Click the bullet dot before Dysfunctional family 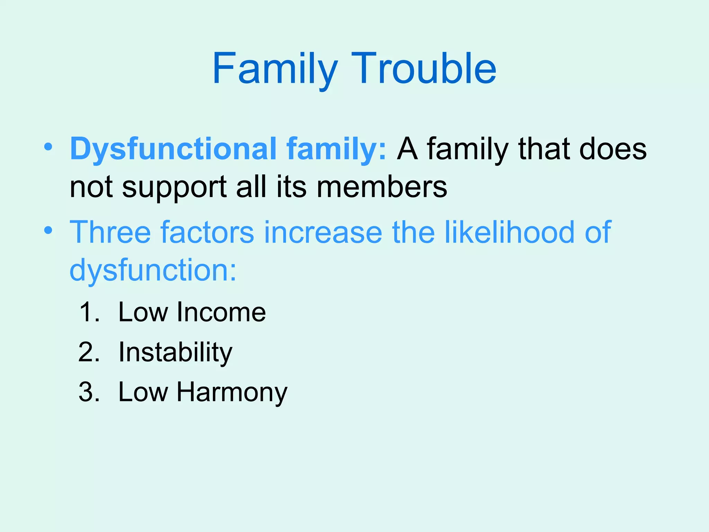pyautogui.click(x=48, y=147)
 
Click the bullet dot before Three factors pyautogui.click(x=48, y=230)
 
